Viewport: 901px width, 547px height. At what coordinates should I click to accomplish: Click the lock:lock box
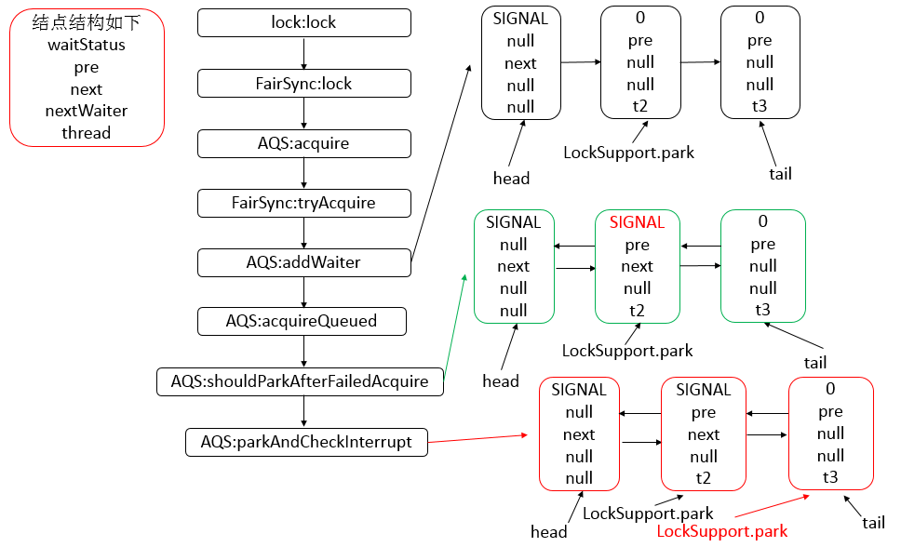click(x=304, y=23)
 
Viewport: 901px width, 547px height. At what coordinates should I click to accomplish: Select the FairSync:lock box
click(x=304, y=84)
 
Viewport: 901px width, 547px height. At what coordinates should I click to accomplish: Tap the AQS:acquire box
click(x=304, y=143)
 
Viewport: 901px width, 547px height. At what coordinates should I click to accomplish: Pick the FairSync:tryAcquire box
click(x=304, y=203)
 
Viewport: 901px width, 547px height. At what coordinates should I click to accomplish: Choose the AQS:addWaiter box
click(x=304, y=262)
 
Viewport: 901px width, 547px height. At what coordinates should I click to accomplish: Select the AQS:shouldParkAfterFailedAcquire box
click(x=299, y=381)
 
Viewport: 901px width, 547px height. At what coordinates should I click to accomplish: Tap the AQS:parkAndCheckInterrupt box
click(x=306, y=442)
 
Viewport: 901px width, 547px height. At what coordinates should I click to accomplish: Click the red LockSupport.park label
click(x=722, y=531)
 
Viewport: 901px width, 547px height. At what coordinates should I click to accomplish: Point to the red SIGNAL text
click(x=637, y=222)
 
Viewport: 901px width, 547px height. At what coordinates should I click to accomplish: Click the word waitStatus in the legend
click(x=86, y=45)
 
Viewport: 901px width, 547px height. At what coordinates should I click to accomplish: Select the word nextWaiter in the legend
click(x=86, y=111)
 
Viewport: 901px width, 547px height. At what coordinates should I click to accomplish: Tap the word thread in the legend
click(x=86, y=133)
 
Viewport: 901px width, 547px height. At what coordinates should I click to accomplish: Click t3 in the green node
click(x=762, y=311)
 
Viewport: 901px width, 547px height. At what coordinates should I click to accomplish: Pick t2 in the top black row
click(x=640, y=106)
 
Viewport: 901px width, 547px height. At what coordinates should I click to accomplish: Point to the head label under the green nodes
click(x=501, y=380)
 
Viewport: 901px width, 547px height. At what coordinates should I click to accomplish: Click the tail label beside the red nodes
click(x=873, y=523)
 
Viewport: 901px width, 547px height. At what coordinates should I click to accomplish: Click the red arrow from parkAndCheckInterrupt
click(x=478, y=438)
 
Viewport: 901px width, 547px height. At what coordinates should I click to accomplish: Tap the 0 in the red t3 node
click(x=830, y=389)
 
